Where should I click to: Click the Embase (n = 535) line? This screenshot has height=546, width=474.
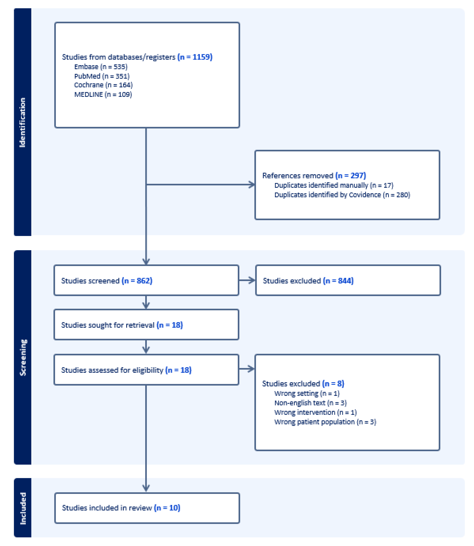[101, 67]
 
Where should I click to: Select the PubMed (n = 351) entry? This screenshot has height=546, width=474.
[102, 76]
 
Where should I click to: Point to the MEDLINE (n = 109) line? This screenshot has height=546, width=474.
[103, 94]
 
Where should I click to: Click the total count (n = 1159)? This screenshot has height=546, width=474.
[195, 57]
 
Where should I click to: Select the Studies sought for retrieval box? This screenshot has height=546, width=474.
[146, 325]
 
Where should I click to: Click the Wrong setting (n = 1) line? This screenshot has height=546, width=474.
[307, 393]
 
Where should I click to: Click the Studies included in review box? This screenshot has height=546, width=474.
[147, 508]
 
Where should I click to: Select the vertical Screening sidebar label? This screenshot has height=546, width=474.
[23, 357]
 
